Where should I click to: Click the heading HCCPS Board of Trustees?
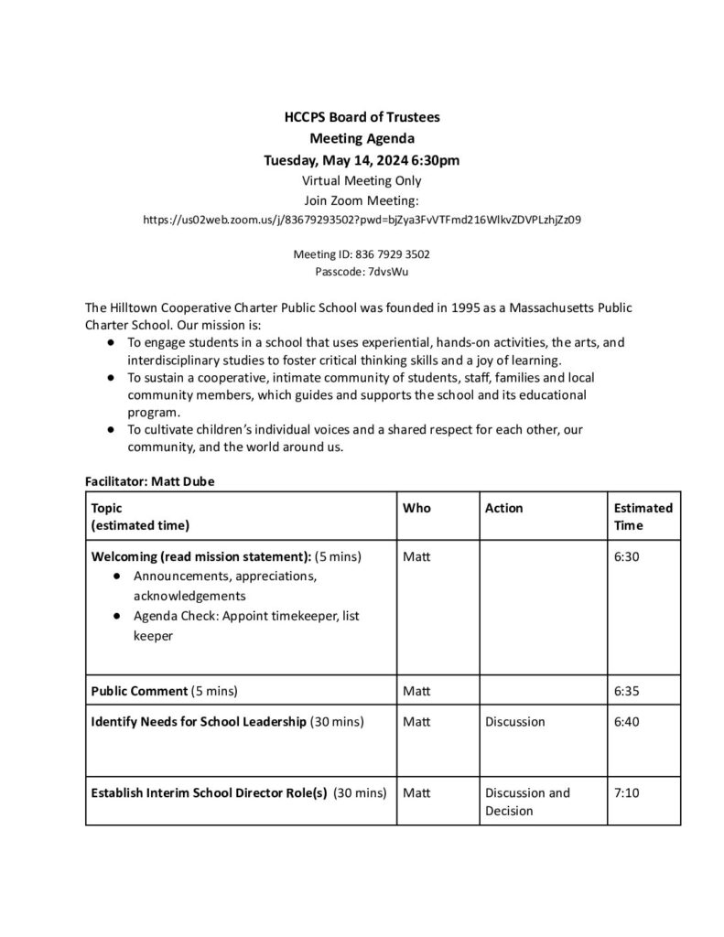[x=362, y=117]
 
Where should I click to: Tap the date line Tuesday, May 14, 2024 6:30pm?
[x=362, y=160]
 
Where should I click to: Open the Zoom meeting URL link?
[x=362, y=220]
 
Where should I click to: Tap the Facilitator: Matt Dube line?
[x=150, y=480]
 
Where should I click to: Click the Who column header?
[x=416, y=508]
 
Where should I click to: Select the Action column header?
[x=504, y=508]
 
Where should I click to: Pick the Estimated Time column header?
[x=643, y=516]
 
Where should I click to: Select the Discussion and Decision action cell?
[x=527, y=802]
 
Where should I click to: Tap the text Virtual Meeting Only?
[x=362, y=180]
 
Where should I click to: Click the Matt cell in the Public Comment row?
[x=416, y=690]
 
